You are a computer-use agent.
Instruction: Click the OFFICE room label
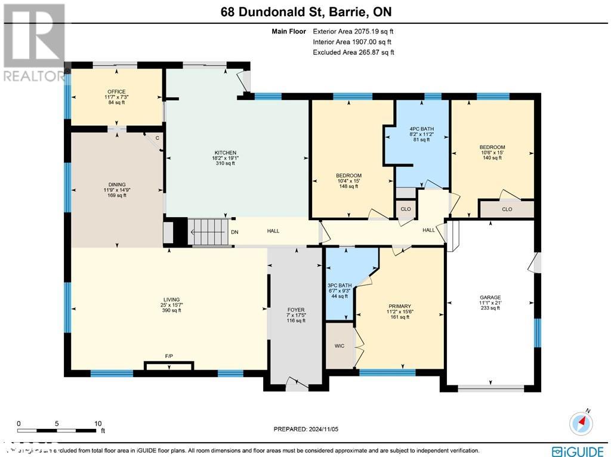click(116, 91)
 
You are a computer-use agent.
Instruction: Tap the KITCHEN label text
click(226, 153)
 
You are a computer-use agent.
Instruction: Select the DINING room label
click(117, 185)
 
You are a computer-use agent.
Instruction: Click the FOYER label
click(296, 310)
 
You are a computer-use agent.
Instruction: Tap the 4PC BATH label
click(420, 129)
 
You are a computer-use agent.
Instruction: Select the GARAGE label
click(490, 297)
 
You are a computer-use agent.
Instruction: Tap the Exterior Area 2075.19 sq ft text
click(353, 32)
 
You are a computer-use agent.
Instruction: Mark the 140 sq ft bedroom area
click(492, 159)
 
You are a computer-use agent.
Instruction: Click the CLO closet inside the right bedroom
click(507, 209)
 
